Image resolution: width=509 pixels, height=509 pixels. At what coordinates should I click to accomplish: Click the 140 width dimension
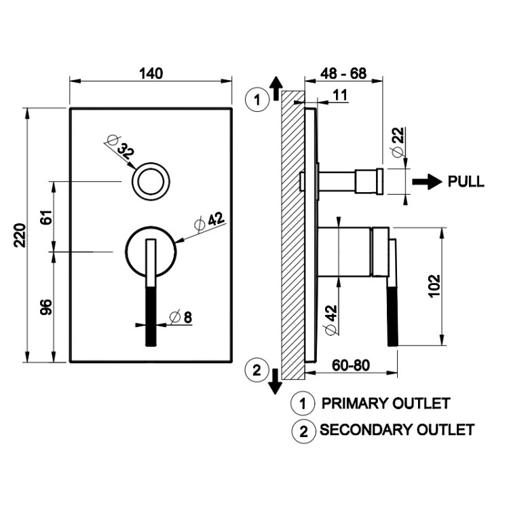(x=151, y=73)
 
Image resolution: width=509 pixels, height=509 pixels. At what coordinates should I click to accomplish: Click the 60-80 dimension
(x=351, y=364)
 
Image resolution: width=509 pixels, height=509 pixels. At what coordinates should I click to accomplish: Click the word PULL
(x=466, y=182)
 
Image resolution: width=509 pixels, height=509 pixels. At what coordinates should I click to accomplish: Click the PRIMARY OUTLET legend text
(x=385, y=403)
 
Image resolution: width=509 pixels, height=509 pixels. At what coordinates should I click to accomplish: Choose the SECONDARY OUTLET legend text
(x=397, y=430)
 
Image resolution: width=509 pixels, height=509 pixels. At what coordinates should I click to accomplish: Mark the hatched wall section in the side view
(x=292, y=234)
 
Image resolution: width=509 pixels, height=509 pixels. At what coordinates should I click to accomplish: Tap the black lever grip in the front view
(x=151, y=316)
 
